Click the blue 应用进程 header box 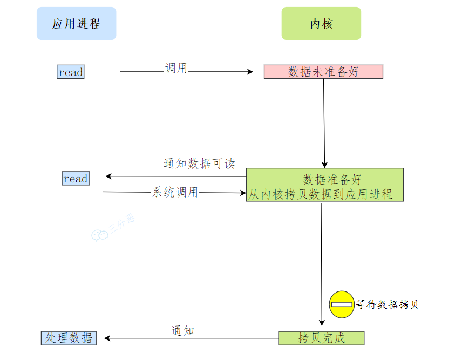click(76, 24)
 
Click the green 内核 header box click(321, 24)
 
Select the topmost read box click(71, 72)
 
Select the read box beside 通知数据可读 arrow click(75, 179)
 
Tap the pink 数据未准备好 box click(323, 72)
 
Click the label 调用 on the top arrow click(176, 68)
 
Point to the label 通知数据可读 click(199, 164)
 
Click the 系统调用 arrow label click(175, 192)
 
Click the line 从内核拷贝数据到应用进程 click(321, 194)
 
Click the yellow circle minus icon click(341, 304)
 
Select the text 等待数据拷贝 click(387, 304)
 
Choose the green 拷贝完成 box click(322, 338)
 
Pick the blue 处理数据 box click(69, 338)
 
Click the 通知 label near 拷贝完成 click(182, 331)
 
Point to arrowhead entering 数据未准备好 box click(250, 72)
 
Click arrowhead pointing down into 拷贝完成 click(322, 323)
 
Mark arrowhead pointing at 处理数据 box click(107, 338)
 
